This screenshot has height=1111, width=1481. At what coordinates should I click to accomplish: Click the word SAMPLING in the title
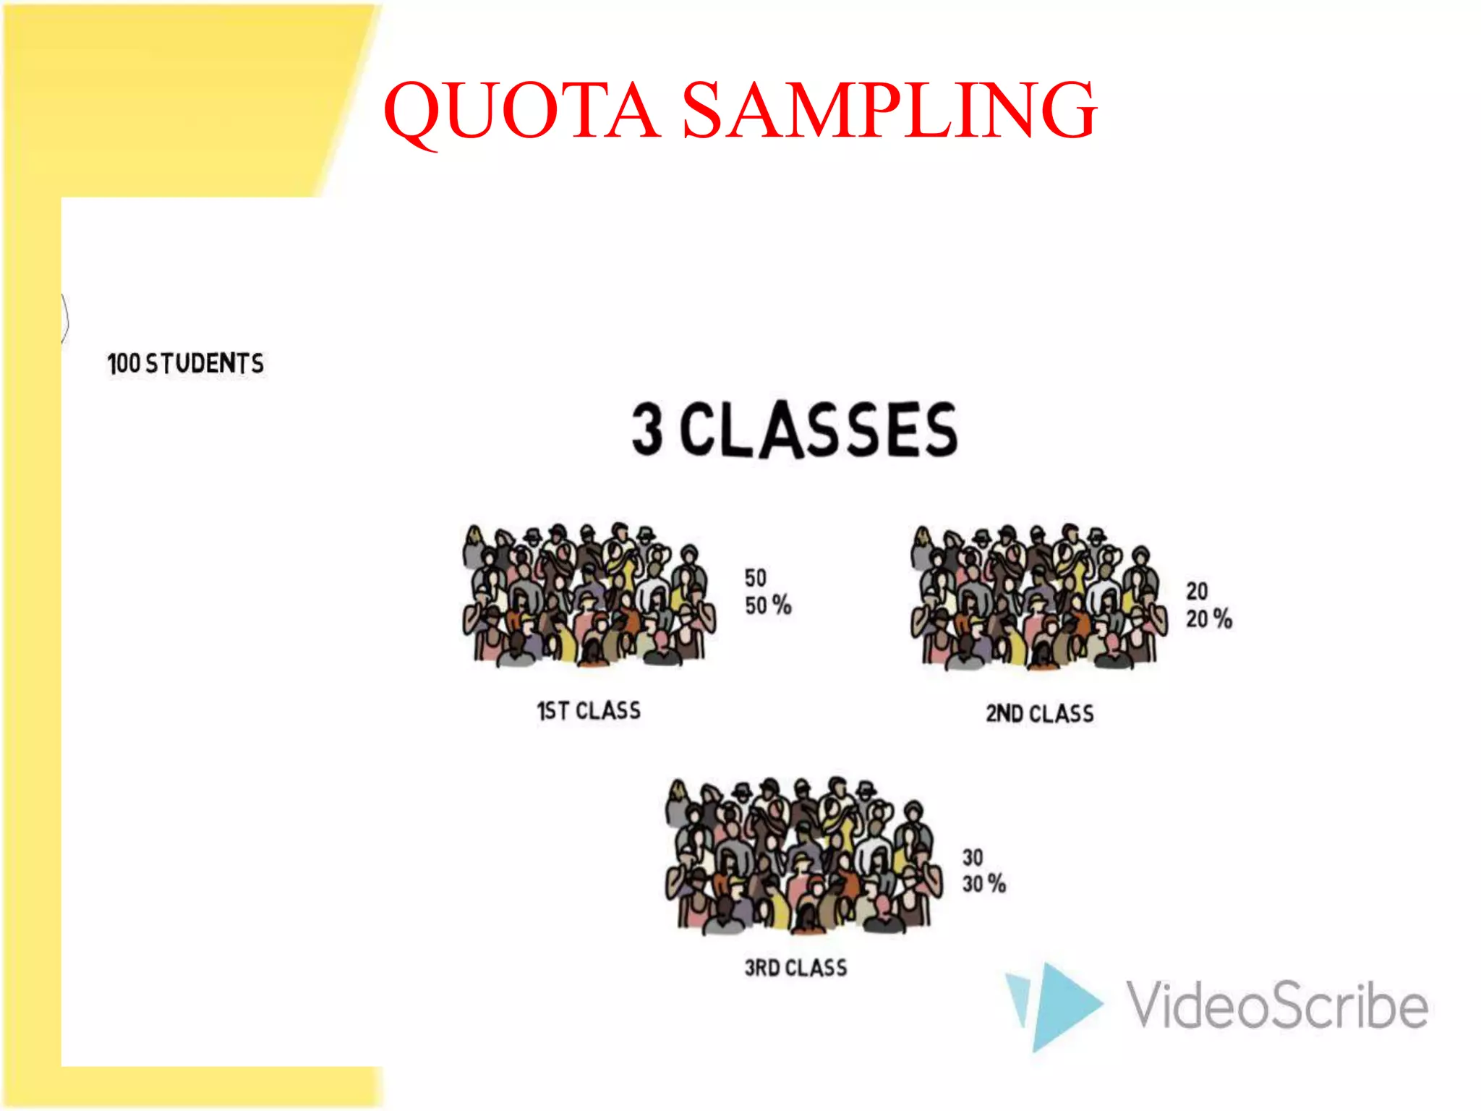pyautogui.click(x=889, y=110)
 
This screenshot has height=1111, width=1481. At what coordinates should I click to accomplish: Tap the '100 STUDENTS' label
pyautogui.click(x=185, y=363)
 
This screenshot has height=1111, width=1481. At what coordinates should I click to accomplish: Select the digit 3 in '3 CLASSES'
pyautogui.click(x=647, y=429)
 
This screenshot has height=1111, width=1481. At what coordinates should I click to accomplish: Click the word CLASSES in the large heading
pyautogui.click(x=819, y=430)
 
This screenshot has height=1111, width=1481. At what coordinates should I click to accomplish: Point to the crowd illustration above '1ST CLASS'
pyautogui.click(x=589, y=595)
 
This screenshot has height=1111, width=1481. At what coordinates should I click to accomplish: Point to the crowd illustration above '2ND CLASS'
pyautogui.click(x=1038, y=597)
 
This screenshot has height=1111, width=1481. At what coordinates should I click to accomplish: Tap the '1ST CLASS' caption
pyautogui.click(x=589, y=711)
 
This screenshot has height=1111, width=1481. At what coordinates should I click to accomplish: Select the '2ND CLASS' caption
pyautogui.click(x=1039, y=714)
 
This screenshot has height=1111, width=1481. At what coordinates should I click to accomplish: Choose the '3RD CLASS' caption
pyautogui.click(x=795, y=968)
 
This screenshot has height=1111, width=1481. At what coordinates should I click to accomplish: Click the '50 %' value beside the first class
pyautogui.click(x=768, y=605)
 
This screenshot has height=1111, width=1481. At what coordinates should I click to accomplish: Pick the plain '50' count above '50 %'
pyautogui.click(x=756, y=578)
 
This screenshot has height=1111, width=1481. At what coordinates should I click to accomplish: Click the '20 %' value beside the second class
pyautogui.click(x=1208, y=619)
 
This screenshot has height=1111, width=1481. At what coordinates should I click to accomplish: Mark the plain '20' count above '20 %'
pyautogui.click(x=1197, y=592)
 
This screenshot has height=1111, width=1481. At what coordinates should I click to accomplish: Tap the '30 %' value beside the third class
pyautogui.click(x=983, y=884)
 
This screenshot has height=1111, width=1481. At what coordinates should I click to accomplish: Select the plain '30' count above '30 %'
pyautogui.click(x=973, y=858)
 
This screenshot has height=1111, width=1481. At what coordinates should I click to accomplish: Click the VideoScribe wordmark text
pyautogui.click(x=1277, y=1005)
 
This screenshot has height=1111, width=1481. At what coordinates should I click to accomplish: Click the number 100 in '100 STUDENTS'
pyautogui.click(x=124, y=364)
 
